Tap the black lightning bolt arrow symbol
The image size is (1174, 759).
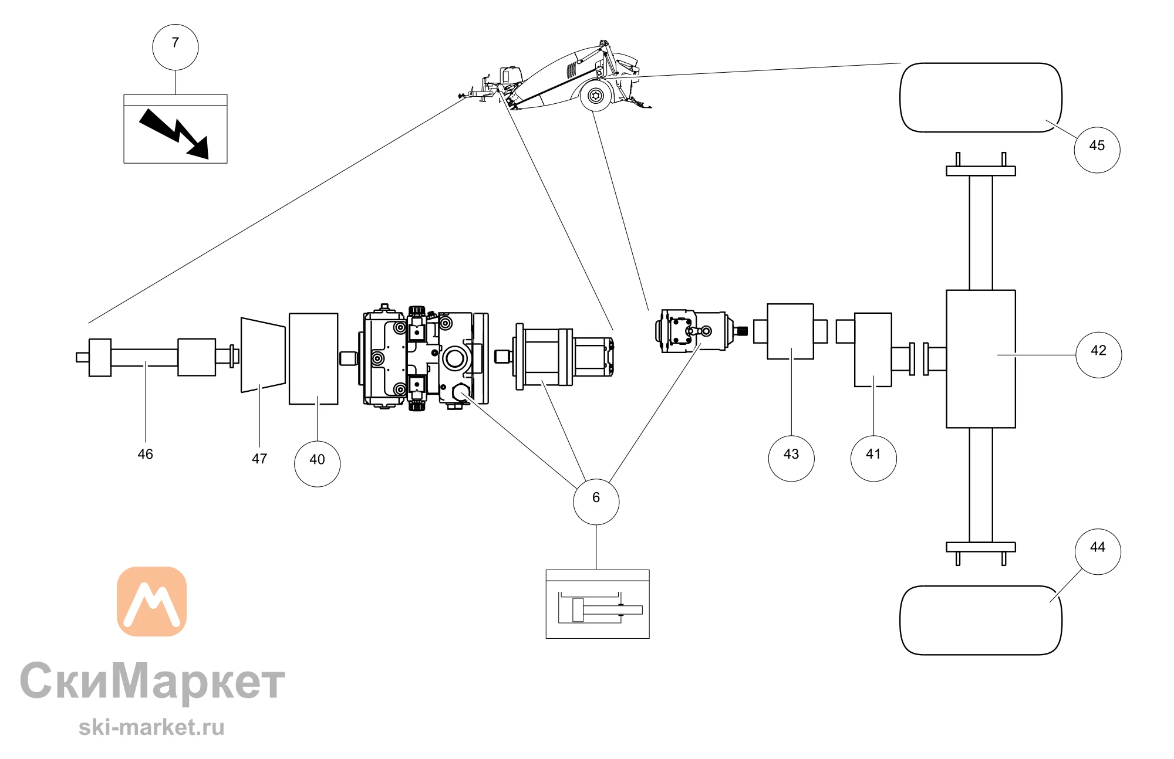pos(174,134)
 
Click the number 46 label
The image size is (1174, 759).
pos(145,454)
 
